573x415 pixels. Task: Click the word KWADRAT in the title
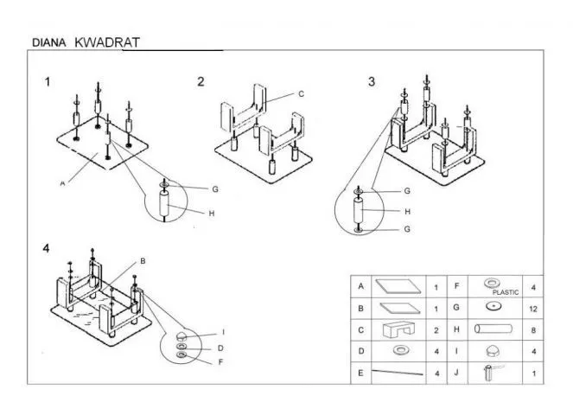(107, 41)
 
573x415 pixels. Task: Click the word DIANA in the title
(48, 41)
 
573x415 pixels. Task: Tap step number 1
(48, 82)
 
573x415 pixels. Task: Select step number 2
(201, 82)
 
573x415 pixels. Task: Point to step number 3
(372, 82)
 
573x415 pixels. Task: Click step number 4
(46, 249)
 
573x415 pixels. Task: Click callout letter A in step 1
(63, 183)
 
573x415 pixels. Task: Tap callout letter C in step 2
(301, 93)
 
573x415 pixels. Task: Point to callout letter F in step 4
(222, 362)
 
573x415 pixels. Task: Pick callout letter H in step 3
(408, 210)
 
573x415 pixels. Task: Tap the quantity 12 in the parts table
(534, 307)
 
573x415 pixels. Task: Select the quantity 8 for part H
(534, 329)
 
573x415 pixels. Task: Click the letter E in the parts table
(359, 373)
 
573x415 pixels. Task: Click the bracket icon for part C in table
(400, 329)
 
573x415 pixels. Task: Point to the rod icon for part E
(398, 373)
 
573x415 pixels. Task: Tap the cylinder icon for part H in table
(496, 329)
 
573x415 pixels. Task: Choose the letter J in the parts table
(456, 373)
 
